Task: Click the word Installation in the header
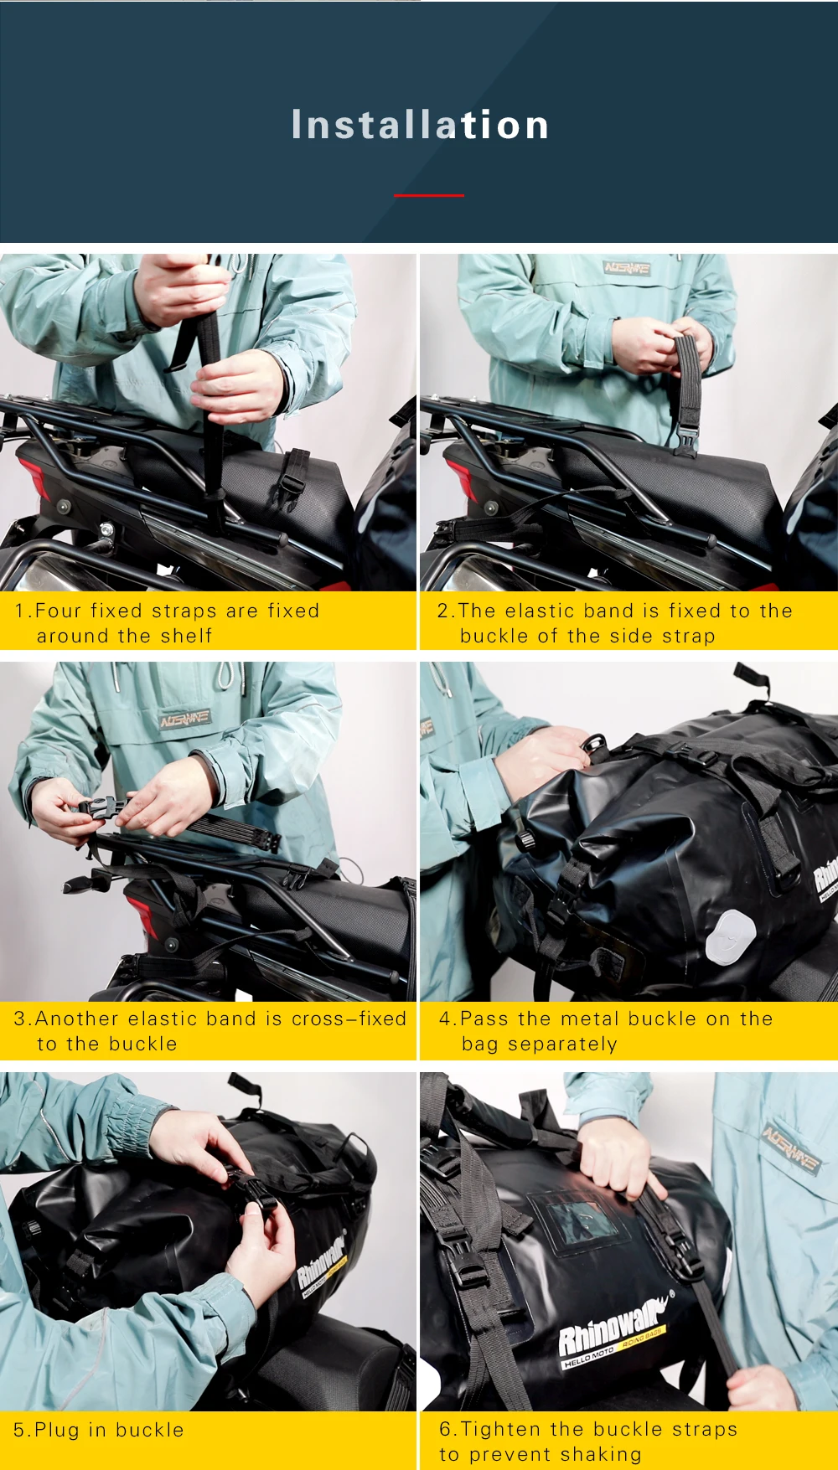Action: coord(420,125)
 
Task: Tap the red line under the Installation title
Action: coord(428,195)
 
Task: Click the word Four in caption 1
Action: coord(59,611)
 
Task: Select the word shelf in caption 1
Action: coord(187,636)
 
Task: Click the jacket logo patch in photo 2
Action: coord(627,268)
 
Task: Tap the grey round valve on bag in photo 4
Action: coord(730,935)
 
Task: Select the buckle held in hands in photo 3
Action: coord(101,808)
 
